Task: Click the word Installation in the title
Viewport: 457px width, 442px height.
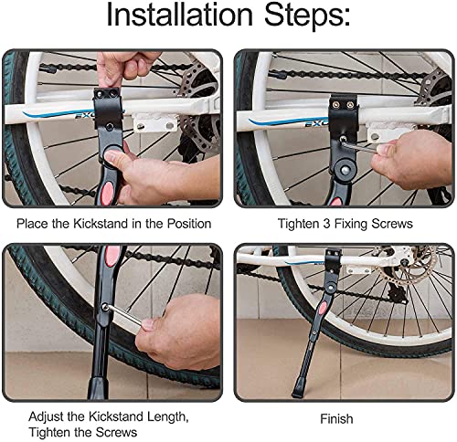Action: coord(180,15)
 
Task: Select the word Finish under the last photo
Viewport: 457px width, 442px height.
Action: coord(336,419)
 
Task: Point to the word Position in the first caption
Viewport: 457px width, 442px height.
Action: coord(189,224)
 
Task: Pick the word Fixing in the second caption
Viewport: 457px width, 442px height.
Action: coord(351,224)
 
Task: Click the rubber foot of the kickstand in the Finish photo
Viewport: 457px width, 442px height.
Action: coord(298,389)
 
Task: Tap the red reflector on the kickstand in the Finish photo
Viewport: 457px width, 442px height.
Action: coord(322,310)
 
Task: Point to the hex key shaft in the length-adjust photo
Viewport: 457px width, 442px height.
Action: coord(125,315)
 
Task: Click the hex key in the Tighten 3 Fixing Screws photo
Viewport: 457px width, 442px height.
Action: coord(360,147)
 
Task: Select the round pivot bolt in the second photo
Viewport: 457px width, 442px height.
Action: coord(345,168)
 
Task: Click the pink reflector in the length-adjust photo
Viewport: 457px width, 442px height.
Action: coord(112,256)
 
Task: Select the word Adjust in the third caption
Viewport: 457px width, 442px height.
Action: coord(47,416)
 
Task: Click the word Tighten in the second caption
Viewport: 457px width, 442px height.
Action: coord(298,224)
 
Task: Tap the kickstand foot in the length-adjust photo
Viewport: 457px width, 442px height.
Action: coord(98,388)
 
